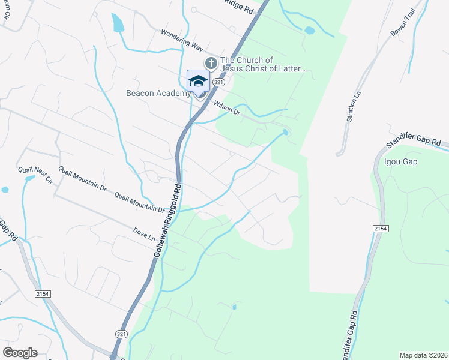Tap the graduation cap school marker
click(x=198, y=81)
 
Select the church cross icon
click(x=211, y=62)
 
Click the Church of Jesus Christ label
click(x=264, y=64)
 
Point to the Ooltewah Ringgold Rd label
click(x=166, y=224)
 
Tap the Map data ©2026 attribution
click(x=423, y=355)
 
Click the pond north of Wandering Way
click(x=117, y=22)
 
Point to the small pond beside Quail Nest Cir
click(x=5, y=190)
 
